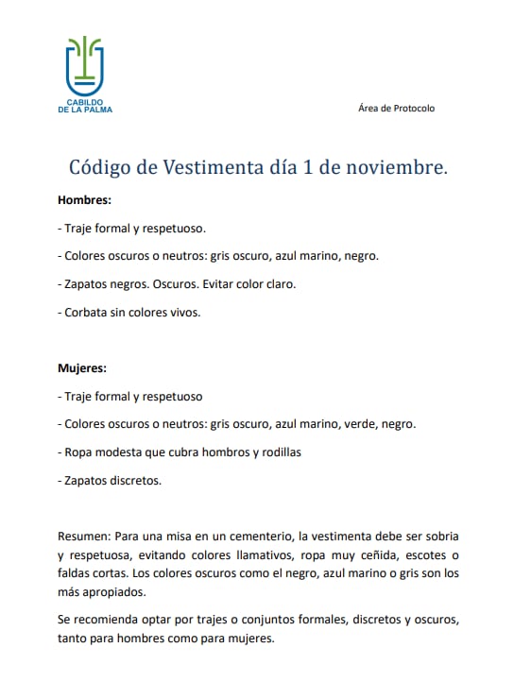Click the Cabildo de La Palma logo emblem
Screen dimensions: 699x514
(x=84, y=66)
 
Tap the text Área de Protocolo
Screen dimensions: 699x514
(x=396, y=109)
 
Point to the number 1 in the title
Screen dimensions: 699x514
(x=308, y=168)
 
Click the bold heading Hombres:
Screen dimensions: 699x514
(x=84, y=200)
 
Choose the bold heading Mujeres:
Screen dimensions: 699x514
(x=82, y=368)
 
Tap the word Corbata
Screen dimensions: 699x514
(x=84, y=311)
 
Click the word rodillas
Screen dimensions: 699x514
(x=279, y=452)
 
